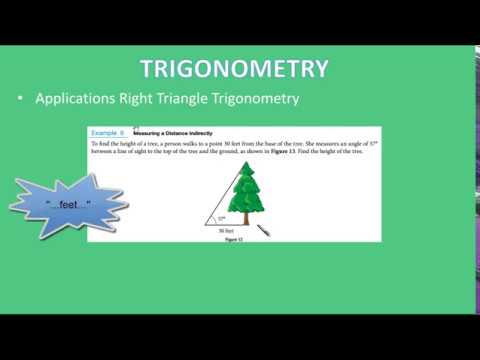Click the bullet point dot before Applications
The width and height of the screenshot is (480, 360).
pos(21,100)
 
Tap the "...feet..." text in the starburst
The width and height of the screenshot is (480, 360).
pos(68,204)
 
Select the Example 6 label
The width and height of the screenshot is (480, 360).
pos(107,132)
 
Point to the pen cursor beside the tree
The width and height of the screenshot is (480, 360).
pos(266,231)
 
